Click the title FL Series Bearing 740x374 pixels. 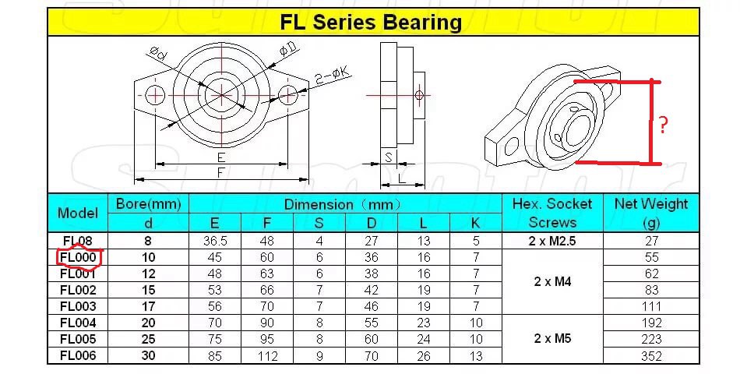click(x=371, y=23)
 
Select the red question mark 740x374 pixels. click(x=663, y=125)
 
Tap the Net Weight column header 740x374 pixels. click(x=651, y=213)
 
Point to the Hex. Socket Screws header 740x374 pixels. click(x=552, y=213)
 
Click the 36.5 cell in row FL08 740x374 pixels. click(x=215, y=241)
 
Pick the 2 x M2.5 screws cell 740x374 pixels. click(x=552, y=241)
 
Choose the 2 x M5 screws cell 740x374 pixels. click(x=552, y=339)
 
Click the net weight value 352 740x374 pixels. click(x=651, y=356)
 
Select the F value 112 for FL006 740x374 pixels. click(x=267, y=356)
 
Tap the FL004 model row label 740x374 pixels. click(x=77, y=323)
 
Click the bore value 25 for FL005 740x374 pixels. click(x=148, y=339)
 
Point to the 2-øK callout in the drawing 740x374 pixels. click(x=333, y=76)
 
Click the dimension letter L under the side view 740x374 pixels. click(x=402, y=178)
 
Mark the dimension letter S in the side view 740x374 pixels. click(x=388, y=159)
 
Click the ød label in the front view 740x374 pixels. click(x=158, y=55)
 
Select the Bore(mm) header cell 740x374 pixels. click(x=148, y=204)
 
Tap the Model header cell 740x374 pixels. click(x=77, y=213)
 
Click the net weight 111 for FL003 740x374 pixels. click(x=651, y=306)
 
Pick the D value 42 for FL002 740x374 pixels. click(x=371, y=290)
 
